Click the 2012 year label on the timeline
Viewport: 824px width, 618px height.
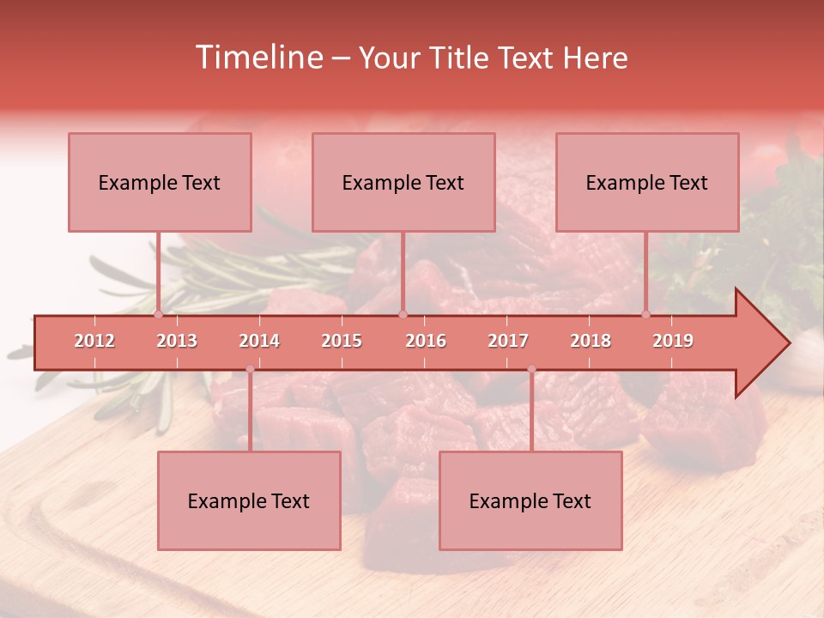coord(94,341)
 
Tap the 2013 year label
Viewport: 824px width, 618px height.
coord(177,341)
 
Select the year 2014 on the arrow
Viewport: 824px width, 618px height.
coord(259,341)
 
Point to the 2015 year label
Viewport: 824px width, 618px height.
coord(342,341)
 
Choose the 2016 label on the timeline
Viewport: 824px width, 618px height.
coord(426,341)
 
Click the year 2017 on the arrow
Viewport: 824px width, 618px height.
coord(508,341)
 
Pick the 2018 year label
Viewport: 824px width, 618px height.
coord(591,341)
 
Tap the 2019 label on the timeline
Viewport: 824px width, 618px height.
coord(673,341)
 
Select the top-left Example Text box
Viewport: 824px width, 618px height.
coord(160,182)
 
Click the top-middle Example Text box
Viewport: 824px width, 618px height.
coord(403,182)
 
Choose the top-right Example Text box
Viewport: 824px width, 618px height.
coord(647,182)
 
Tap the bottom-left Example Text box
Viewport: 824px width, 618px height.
coord(249,500)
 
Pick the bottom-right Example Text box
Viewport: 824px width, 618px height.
coord(530,500)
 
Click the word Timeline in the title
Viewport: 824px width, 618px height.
coord(257,58)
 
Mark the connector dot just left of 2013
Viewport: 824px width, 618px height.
coord(158,314)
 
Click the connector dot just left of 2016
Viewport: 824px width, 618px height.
coord(403,314)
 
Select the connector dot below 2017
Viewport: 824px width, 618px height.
coord(531,369)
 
